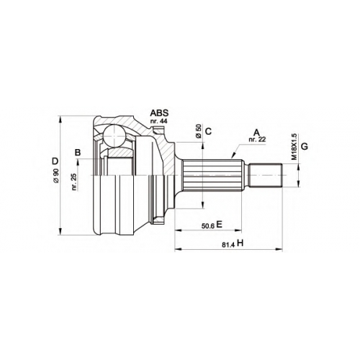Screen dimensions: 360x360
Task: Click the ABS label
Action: (159, 113)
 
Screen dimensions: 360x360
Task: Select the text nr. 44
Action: (158, 121)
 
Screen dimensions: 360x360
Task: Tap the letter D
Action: (55, 161)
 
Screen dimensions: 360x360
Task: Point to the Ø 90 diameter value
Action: (56, 176)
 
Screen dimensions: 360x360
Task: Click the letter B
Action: (78, 153)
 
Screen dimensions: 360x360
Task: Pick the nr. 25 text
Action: (74, 182)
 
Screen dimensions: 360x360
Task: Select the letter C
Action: (209, 131)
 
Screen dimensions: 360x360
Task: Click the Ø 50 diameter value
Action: (199, 131)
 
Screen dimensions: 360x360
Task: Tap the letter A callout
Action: (257, 132)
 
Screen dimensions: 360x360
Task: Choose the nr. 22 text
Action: (258, 140)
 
